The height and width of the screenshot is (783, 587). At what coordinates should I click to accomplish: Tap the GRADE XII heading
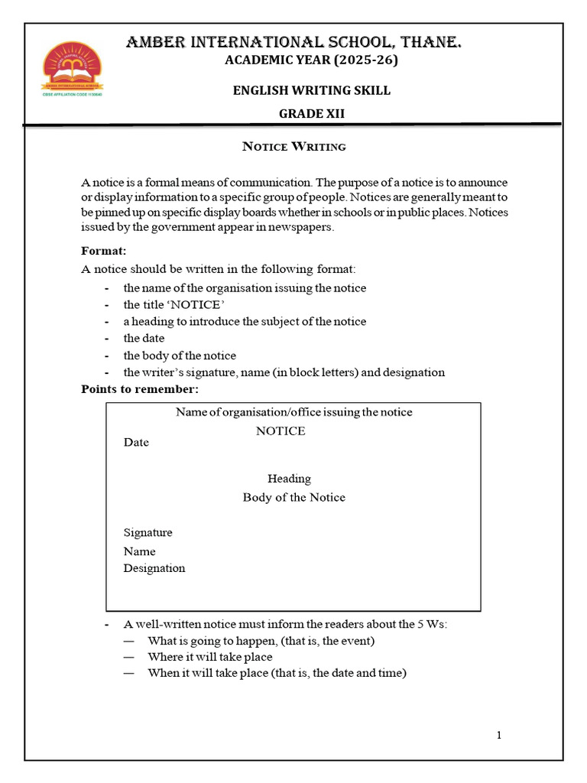coord(311,114)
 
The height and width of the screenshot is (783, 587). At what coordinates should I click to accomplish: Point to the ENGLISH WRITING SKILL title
coord(311,90)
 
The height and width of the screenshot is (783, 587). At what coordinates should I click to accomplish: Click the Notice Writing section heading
coord(293,146)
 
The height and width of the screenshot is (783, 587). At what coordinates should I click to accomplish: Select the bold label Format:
coord(104,251)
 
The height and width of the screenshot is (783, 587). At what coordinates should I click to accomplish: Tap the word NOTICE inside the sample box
coord(281,430)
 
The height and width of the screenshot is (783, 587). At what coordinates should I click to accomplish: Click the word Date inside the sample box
coord(136,443)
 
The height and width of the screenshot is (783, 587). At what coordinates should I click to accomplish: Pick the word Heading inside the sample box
coord(289,479)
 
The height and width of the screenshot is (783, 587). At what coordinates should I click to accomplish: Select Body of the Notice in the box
coord(293,497)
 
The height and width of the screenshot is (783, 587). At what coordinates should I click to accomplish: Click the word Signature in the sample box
coord(148,532)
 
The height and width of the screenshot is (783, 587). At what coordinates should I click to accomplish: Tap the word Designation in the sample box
coord(154,568)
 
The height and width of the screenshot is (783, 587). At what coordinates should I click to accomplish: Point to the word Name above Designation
coord(139,551)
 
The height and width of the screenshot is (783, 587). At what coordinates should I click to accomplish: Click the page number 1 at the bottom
coord(499,736)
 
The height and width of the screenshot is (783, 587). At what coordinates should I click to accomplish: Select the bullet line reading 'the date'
coord(144,338)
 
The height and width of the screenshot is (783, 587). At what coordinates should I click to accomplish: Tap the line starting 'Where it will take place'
coord(209,657)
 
